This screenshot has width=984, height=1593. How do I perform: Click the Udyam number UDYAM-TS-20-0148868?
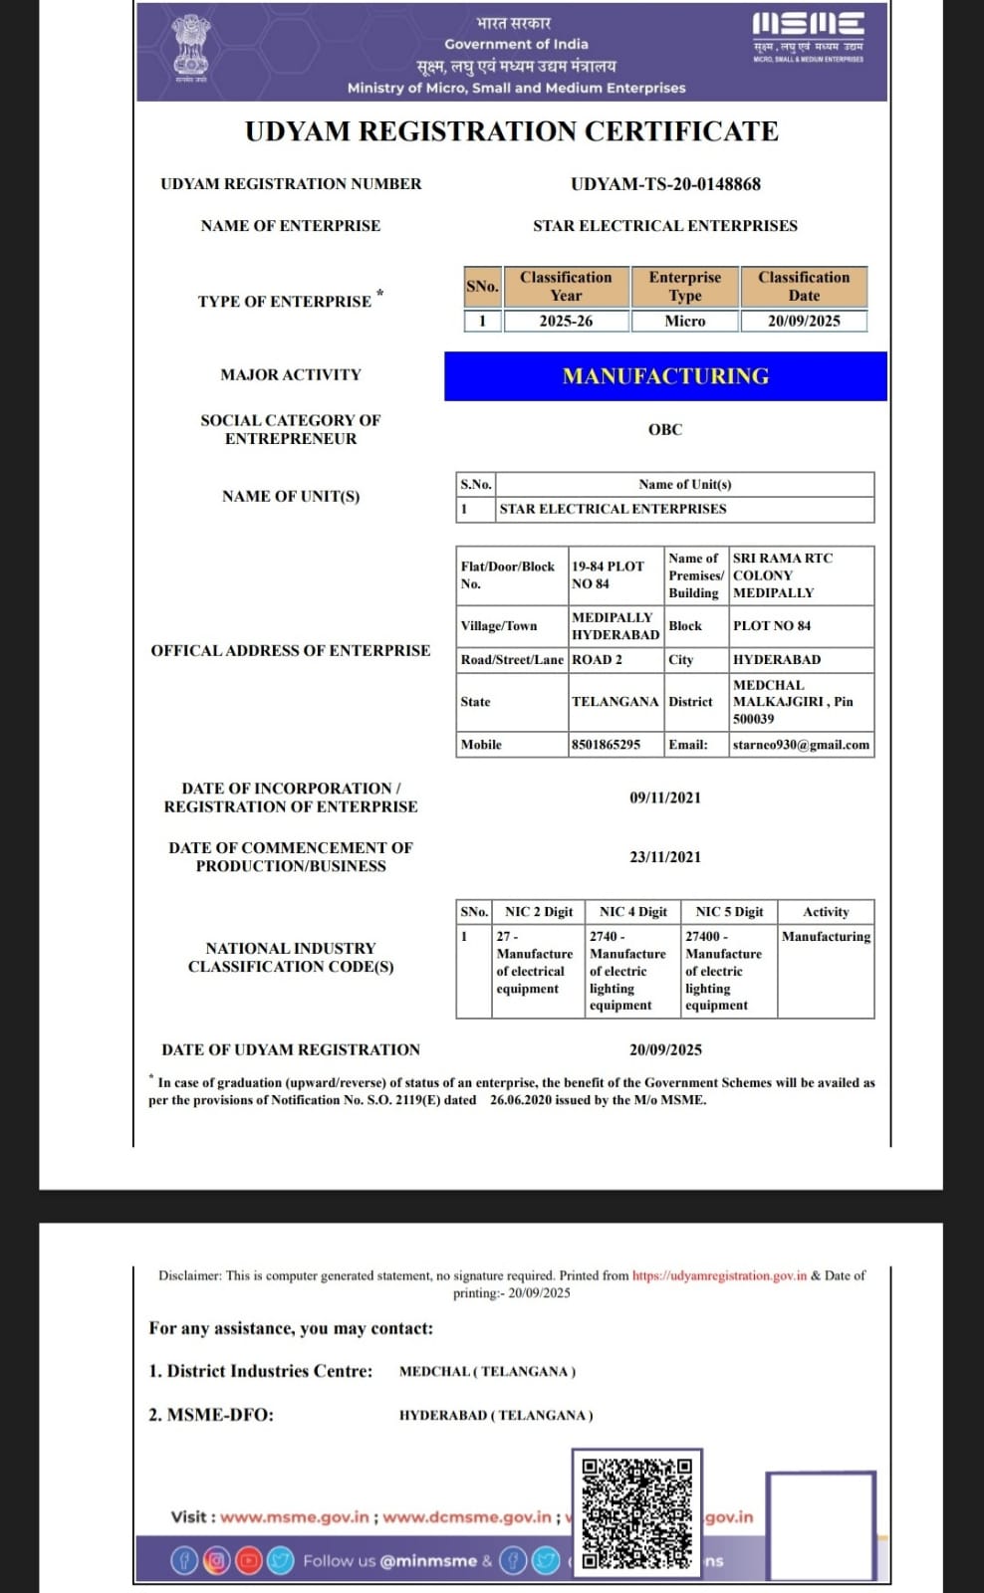[x=665, y=184]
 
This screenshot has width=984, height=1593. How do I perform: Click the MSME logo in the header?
[x=808, y=38]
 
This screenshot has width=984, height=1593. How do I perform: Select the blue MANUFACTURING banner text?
[x=665, y=376]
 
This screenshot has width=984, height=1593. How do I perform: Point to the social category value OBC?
[x=665, y=430]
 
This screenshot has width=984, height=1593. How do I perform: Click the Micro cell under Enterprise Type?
[x=685, y=321]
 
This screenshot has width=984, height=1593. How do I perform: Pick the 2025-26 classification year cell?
[x=566, y=321]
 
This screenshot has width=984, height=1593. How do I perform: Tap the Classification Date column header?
[x=804, y=287]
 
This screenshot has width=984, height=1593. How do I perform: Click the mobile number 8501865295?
[x=607, y=745]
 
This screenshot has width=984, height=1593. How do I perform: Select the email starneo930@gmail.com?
[x=801, y=745]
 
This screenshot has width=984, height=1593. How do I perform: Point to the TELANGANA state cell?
[x=615, y=702]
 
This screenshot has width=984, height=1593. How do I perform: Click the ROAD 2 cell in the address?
[x=597, y=660]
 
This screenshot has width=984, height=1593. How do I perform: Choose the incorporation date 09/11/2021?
[x=665, y=797]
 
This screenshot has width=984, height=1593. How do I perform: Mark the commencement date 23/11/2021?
[x=665, y=857]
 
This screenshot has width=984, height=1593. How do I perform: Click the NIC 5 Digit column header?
[x=729, y=912]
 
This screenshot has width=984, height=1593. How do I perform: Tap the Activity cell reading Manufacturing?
[x=826, y=937]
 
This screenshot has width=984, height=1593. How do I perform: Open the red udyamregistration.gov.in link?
[x=719, y=1275]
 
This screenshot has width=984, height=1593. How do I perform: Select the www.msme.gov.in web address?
[x=295, y=1517]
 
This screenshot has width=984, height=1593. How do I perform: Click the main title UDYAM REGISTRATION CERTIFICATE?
[x=512, y=131]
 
